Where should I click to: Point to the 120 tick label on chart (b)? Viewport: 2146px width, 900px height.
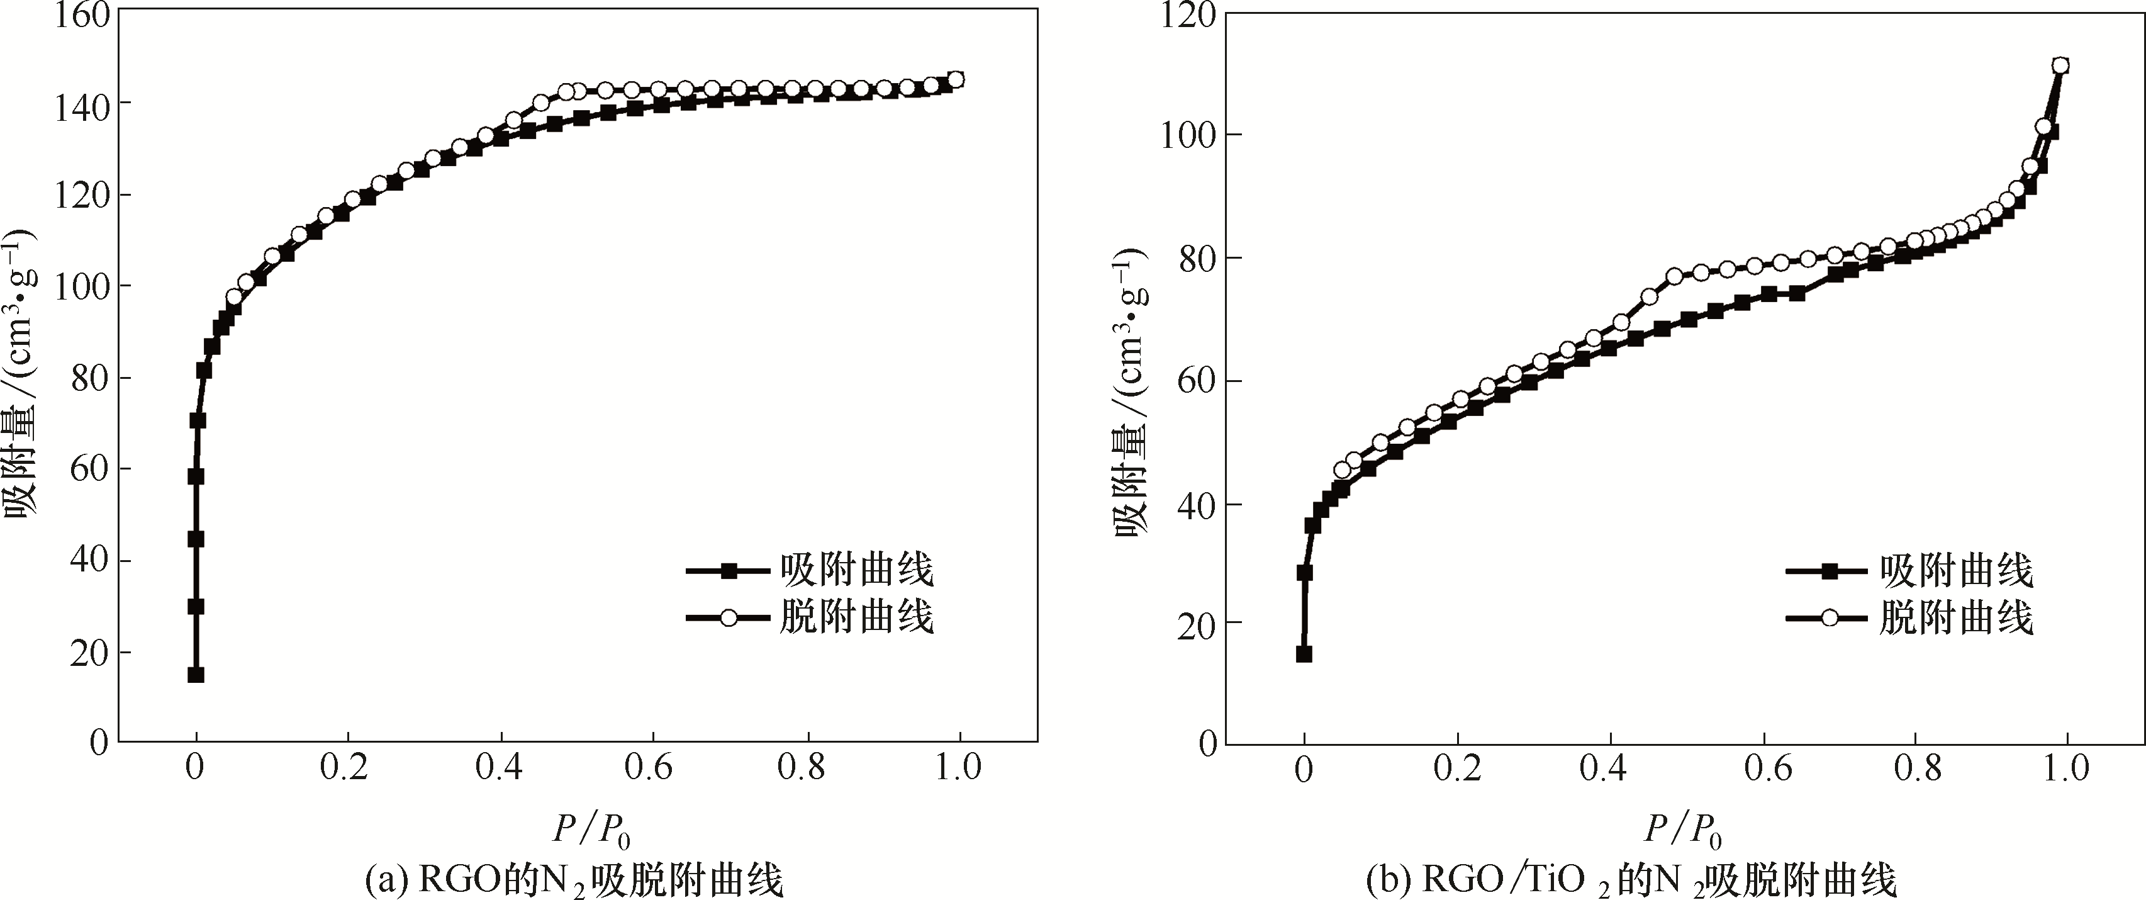pos(1190,14)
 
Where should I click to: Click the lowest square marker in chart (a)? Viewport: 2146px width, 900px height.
pos(196,674)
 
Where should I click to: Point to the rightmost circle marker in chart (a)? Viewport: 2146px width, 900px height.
pos(956,79)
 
